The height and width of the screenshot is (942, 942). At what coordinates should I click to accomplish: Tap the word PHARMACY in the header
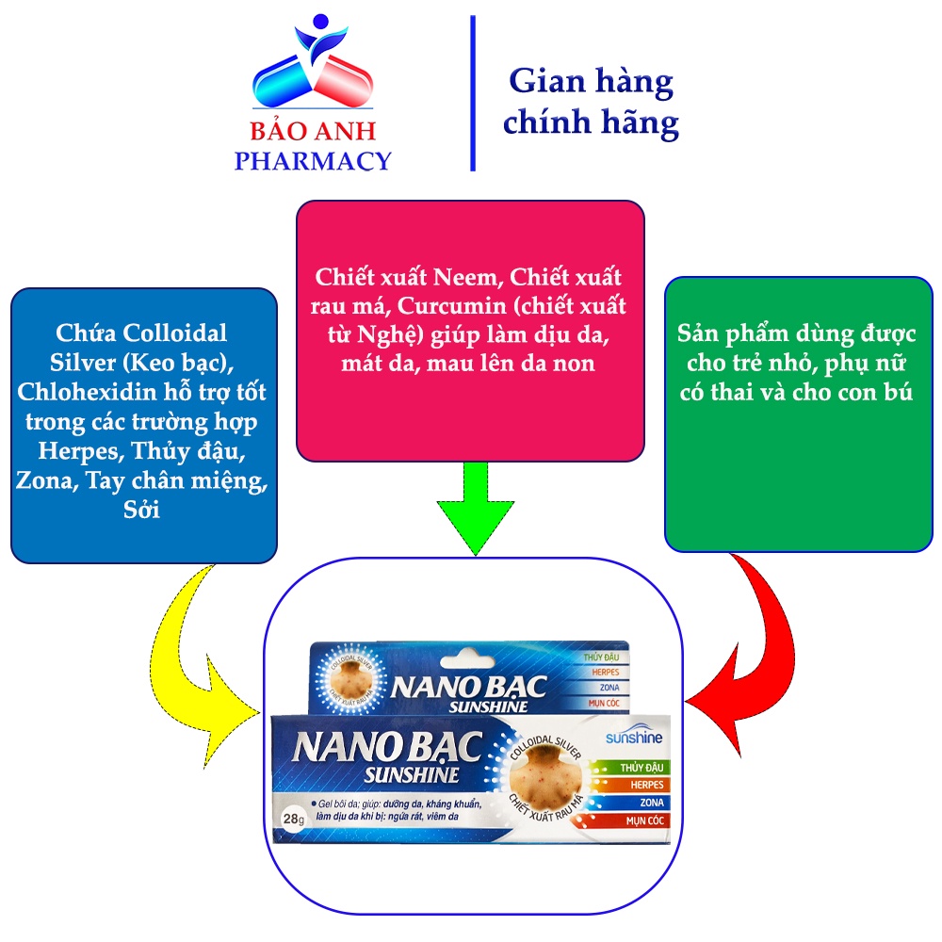[x=313, y=161]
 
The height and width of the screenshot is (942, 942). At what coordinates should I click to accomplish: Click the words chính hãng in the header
[x=590, y=123]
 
